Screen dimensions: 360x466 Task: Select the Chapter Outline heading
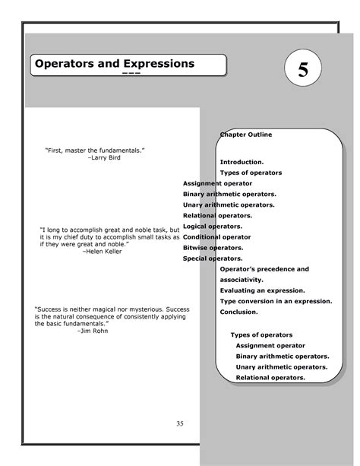point(247,135)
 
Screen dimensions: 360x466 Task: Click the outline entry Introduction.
point(242,162)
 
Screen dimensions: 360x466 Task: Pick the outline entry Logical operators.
point(213,227)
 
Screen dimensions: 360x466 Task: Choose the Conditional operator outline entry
point(216,237)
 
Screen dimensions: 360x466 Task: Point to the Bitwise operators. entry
point(213,248)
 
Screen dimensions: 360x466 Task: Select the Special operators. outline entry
point(213,258)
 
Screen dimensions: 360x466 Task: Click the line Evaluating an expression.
point(262,290)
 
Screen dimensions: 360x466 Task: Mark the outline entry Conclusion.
point(239,312)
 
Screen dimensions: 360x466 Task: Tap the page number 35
point(180,423)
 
